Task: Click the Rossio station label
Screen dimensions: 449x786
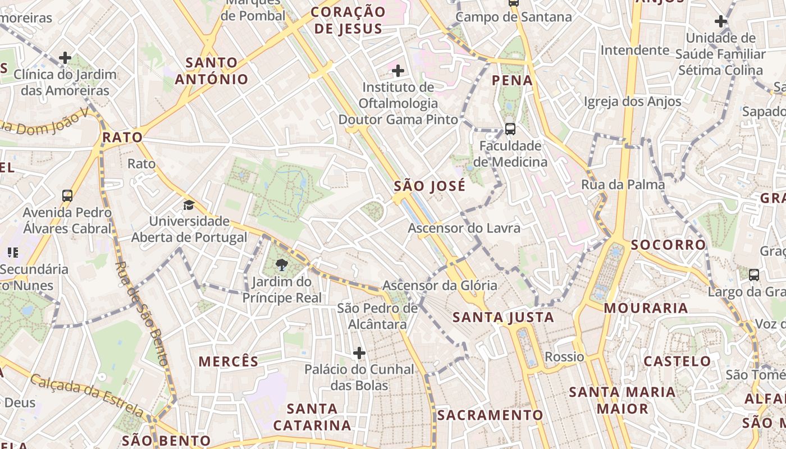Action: tap(564, 357)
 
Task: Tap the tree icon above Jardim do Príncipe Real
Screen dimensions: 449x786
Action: tap(282, 264)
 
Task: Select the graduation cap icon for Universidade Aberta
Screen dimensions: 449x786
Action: tap(189, 205)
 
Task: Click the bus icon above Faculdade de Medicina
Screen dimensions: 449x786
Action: tap(510, 129)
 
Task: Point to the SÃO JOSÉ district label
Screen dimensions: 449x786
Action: tap(429, 186)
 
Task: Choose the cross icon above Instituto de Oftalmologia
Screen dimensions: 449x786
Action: tap(398, 71)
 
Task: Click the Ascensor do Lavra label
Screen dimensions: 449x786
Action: tap(464, 228)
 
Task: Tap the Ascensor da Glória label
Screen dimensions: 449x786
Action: tap(440, 286)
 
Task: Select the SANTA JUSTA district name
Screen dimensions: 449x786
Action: tap(503, 318)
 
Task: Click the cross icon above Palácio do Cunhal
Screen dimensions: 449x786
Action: tap(359, 353)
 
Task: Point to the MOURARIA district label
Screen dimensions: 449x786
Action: tap(646, 308)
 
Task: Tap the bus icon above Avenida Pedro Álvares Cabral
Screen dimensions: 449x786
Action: tap(67, 196)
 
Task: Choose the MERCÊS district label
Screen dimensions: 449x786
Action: tap(229, 361)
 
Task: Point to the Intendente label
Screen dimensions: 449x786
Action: tap(635, 51)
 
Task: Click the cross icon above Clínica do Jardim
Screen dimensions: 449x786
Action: tap(65, 58)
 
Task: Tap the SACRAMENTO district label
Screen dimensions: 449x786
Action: tap(490, 415)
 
